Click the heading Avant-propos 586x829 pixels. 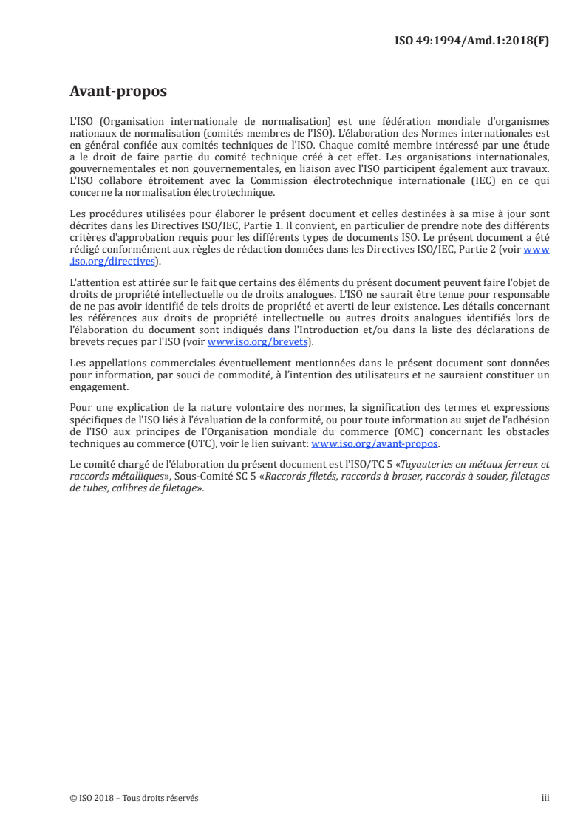tap(118, 92)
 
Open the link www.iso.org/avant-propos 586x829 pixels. tap(375, 444)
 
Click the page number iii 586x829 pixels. tap(545, 798)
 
